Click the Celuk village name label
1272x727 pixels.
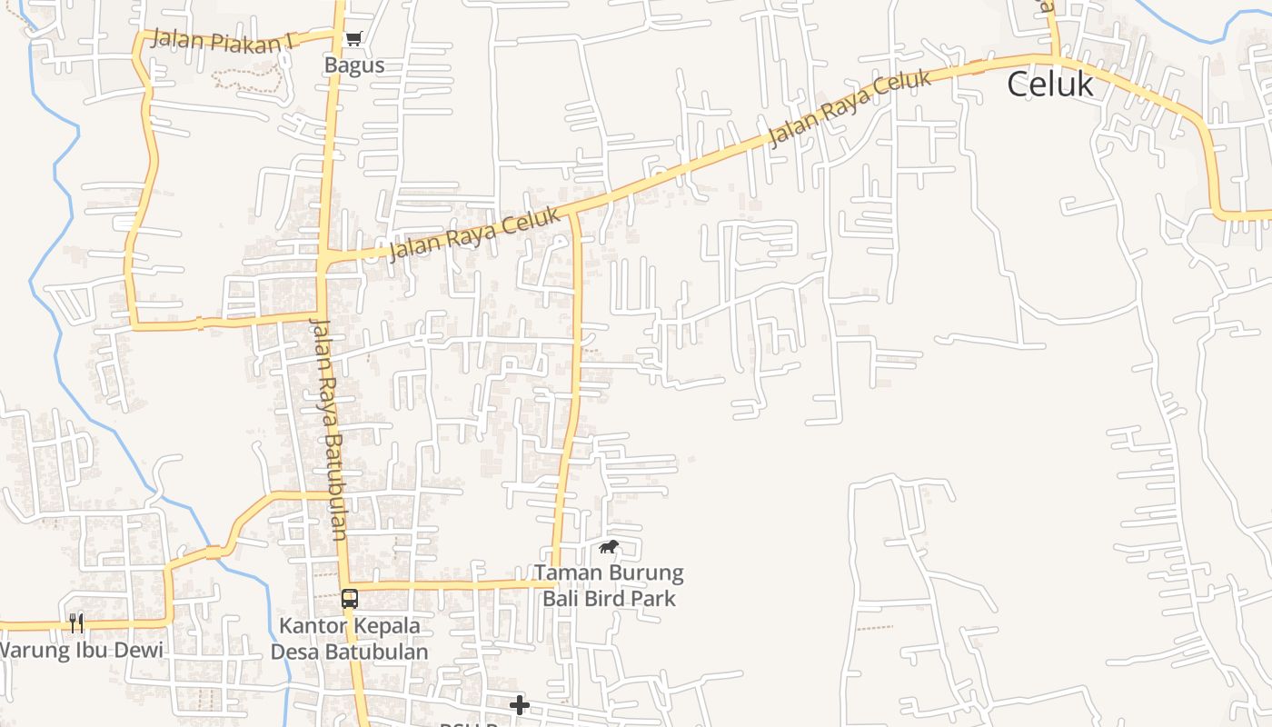coord(1049,85)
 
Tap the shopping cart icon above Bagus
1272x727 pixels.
coord(353,38)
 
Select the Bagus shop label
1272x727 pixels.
coord(354,65)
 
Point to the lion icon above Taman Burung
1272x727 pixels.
coord(608,547)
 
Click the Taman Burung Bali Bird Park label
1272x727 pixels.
coord(609,586)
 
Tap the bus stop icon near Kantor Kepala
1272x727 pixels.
coord(350,599)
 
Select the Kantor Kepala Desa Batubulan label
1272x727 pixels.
coord(350,639)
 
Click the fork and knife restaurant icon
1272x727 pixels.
coord(76,622)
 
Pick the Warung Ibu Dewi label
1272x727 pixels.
coord(80,651)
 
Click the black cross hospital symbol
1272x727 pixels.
coord(519,705)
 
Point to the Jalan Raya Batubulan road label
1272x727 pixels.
coord(329,429)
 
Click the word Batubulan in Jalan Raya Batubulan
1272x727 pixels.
coord(333,482)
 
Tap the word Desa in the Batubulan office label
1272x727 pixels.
coord(296,652)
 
